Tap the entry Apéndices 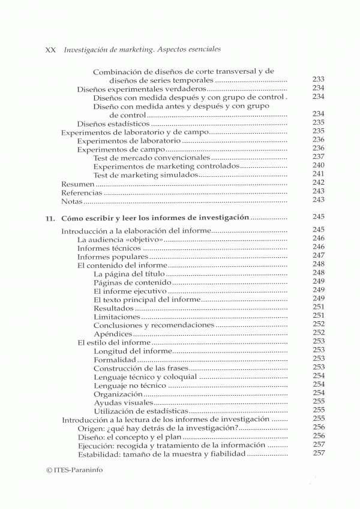[x=113, y=334]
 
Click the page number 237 [x=318, y=156]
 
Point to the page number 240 [x=318, y=165]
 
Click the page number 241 [x=318, y=174]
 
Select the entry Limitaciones [x=117, y=317]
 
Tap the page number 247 [x=318, y=255]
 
